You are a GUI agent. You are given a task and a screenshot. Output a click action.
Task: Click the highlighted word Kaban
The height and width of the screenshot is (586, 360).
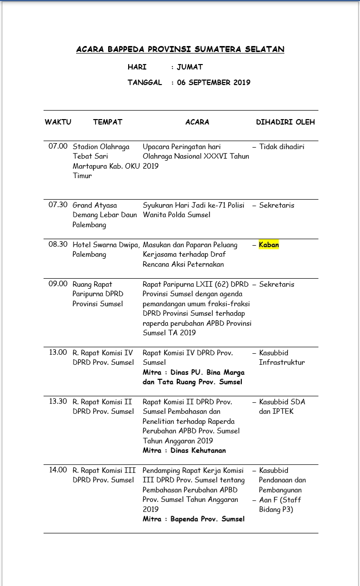point(269,245)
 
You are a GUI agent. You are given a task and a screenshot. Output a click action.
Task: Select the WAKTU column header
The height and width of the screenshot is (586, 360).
point(58,122)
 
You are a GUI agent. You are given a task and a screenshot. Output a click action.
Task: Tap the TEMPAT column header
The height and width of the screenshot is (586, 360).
point(108,122)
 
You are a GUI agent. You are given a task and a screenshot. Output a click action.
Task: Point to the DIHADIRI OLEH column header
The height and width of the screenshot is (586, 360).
point(285,122)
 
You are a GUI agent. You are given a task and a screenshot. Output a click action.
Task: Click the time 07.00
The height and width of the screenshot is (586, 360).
point(58,147)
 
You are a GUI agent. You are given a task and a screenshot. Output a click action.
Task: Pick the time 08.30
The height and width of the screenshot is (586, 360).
point(58,245)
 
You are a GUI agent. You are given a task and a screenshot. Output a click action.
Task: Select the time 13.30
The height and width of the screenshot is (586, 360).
point(58,402)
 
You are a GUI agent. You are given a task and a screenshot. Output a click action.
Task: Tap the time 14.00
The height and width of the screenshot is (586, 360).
point(58,470)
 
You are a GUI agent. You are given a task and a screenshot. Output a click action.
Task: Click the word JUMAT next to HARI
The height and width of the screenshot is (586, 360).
point(190,67)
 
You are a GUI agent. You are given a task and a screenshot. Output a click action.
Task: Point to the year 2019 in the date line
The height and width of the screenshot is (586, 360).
point(241,83)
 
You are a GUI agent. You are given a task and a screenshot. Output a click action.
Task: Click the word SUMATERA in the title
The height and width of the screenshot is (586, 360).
point(218,50)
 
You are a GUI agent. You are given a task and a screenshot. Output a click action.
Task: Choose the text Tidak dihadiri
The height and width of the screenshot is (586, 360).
point(281,147)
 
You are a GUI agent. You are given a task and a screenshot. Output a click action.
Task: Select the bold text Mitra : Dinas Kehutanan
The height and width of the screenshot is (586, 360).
point(184,450)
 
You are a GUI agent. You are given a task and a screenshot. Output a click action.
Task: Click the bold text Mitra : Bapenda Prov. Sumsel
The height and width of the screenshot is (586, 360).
point(193,519)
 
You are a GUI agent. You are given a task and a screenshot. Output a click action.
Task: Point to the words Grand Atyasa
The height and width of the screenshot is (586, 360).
point(95,205)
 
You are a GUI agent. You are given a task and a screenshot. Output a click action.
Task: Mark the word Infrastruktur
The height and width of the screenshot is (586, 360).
point(281,362)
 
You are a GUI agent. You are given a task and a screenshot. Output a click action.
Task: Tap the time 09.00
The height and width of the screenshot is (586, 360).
point(58,284)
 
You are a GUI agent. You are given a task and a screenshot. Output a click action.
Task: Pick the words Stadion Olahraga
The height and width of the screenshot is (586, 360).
point(101,147)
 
